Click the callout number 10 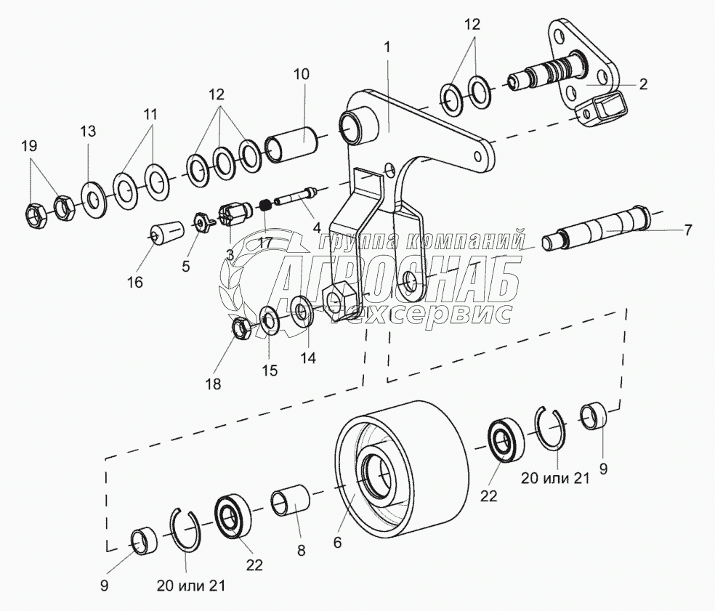tap(302, 73)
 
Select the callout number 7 tap(687, 230)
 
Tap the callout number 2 tap(643, 84)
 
